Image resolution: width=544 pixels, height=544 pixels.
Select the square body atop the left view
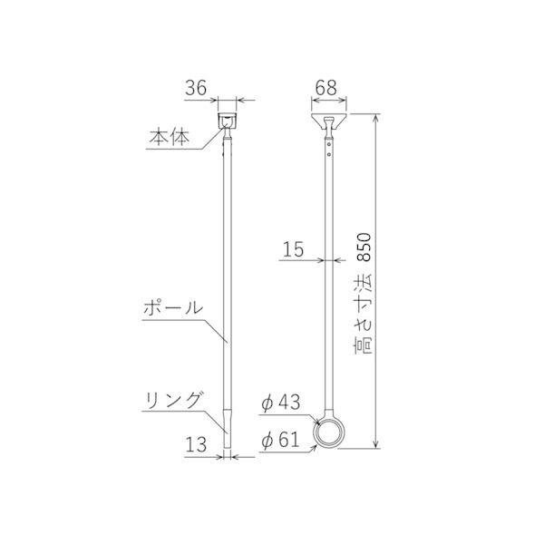[226, 120]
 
